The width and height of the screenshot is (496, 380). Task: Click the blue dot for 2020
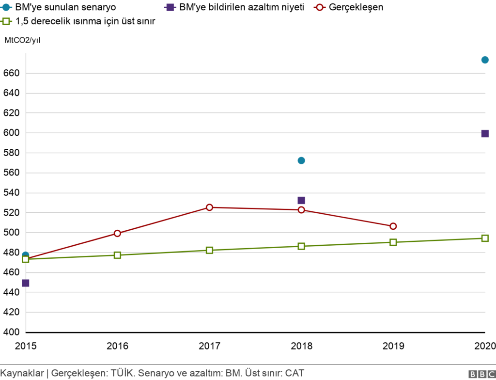coord(485,60)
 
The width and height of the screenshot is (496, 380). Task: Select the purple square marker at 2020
coord(485,133)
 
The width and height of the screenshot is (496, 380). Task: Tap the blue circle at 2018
coord(301,160)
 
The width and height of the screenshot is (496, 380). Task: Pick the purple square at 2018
coord(301,200)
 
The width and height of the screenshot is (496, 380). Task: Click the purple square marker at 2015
coord(26,283)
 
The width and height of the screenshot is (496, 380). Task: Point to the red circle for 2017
coord(209,207)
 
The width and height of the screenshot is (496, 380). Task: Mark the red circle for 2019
coord(393,226)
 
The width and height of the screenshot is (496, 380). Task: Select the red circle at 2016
coord(117,233)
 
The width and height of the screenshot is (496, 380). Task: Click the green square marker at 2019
coord(393,242)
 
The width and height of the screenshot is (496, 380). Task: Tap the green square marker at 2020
coord(485,238)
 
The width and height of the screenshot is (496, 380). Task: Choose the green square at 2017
coord(209,250)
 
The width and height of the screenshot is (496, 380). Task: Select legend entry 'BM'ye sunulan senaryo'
coord(65,8)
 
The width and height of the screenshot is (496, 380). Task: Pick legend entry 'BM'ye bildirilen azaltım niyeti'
coord(238,8)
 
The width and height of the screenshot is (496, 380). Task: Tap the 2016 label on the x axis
coord(117,346)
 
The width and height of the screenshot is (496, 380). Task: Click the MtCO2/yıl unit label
coord(23,40)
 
